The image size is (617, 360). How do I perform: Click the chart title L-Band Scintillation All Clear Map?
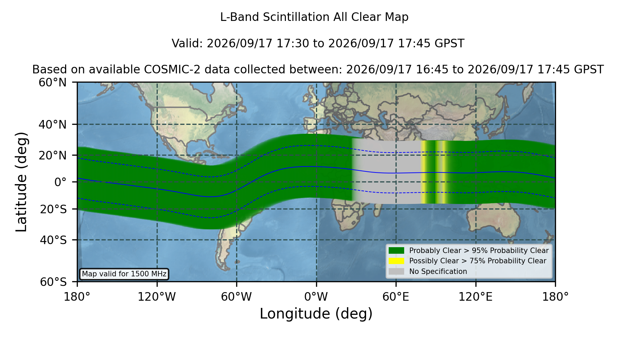click(x=314, y=17)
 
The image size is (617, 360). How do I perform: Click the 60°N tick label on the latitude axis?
click(x=52, y=82)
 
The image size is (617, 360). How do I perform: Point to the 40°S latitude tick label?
click(x=53, y=240)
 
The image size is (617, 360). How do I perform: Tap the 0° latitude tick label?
click(x=60, y=182)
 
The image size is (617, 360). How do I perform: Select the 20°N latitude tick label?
click(x=52, y=155)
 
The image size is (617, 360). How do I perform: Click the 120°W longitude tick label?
click(x=157, y=297)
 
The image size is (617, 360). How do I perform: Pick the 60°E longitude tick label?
click(x=396, y=297)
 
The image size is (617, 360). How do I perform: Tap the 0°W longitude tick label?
click(x=316, y=297)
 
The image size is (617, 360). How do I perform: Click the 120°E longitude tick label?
click(x=475, y=297)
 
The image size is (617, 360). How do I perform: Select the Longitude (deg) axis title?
click(x=316, y=314)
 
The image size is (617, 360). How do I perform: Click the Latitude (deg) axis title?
click(x=22, y=182)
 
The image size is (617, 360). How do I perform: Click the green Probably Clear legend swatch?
click(x=396, y=250)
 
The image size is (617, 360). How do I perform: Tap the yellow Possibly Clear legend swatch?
click(x=396, y=261)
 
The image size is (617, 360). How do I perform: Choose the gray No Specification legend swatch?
click(x=396, y=272)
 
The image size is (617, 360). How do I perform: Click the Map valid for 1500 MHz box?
click(x=124, y=274)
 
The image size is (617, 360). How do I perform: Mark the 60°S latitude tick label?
click(x=53, y=282)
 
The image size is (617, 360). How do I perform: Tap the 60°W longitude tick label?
click(x=236, y=297)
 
